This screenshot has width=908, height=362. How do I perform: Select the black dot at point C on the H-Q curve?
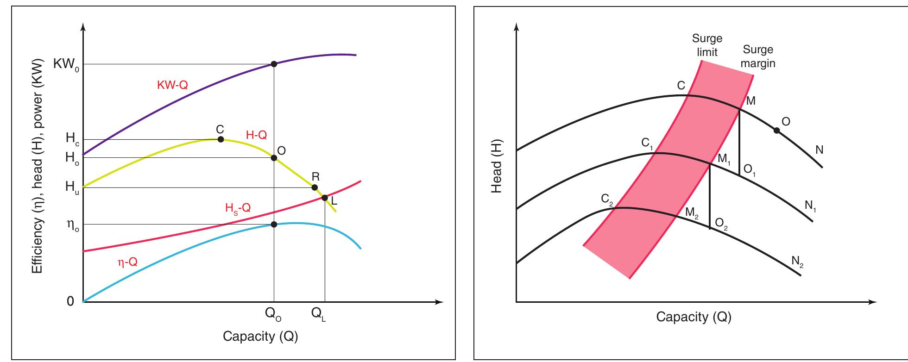[x=221, y=139]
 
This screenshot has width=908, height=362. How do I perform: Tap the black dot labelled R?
[x=315, y=187]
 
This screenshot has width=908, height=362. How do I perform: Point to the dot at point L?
[x=325, y=198]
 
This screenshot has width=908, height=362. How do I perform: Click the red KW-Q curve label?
[x=173, y=85]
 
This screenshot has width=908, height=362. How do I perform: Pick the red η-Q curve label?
[x=127, y=262]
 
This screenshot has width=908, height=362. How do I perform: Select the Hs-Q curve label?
[x=238, y=208]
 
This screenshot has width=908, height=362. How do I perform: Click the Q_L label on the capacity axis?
[x=319, y=314]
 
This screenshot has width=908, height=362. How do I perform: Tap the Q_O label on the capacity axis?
[x=273, y=314]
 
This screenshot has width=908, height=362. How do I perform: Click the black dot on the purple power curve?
[x=274, y=64]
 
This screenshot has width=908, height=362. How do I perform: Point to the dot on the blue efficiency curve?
[x=274, y=225]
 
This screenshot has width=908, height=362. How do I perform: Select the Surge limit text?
[x=707, y=45]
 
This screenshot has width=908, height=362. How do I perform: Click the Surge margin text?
[x=758, y=56]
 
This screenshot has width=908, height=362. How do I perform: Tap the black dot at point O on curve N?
[x=776, y=131]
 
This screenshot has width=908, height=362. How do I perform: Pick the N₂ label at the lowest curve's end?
[x=797, y=262]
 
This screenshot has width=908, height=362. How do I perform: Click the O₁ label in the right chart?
[x=749, y=170]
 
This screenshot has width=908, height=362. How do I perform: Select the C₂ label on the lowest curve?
[x=607, y=200]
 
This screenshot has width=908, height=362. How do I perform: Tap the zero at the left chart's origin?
[x=70, y=302]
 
